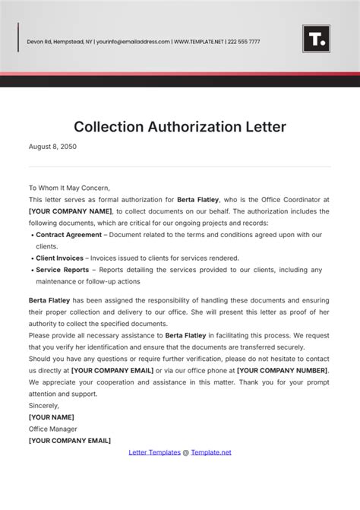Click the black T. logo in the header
316,40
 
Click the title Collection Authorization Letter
180,126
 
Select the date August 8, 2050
52,147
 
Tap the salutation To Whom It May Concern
69,187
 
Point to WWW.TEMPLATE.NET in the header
200,42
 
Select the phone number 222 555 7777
245,42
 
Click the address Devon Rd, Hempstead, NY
59,42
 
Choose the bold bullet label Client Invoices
59,258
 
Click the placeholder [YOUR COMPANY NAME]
70,211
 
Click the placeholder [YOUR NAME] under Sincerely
51,417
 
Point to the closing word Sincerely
43,405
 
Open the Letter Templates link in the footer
153,452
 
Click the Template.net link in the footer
211,452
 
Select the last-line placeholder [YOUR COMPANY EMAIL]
70,440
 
